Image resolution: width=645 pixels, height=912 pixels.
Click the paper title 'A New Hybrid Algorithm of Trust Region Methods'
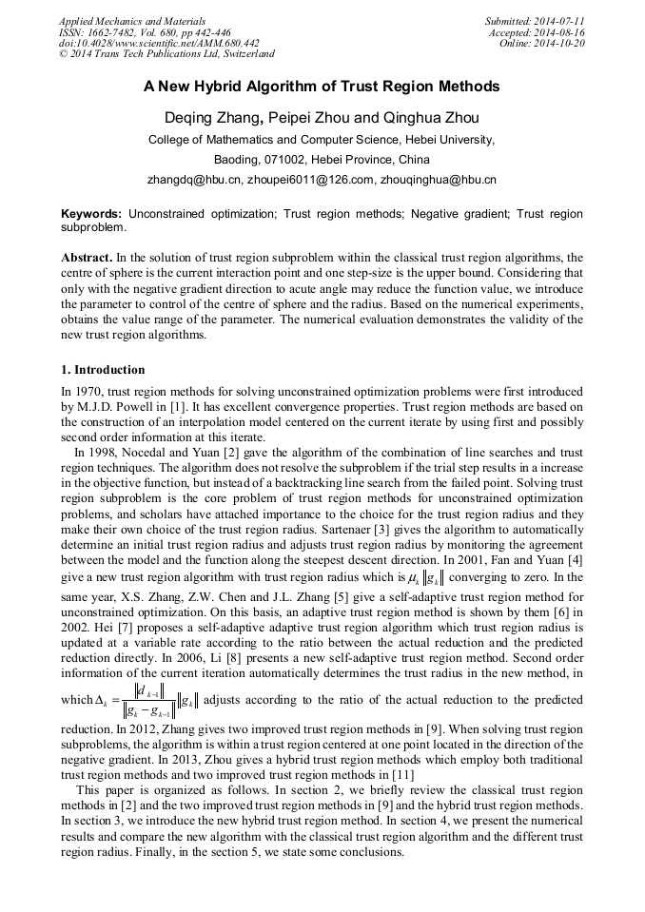click(322, 87)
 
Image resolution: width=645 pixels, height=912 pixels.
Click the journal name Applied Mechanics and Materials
click(130, 20)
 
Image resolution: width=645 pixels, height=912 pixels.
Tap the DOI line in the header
click(159, 44)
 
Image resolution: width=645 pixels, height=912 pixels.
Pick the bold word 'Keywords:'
click(92, 214)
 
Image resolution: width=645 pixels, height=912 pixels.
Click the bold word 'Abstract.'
click(87, 258)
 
